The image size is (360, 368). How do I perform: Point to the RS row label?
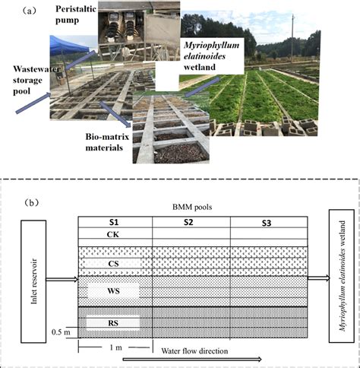point(112,323)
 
